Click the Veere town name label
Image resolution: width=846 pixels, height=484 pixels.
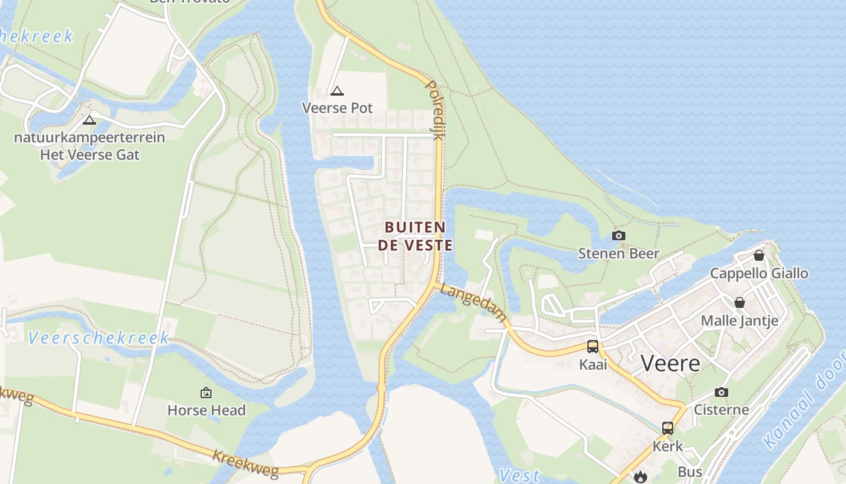pos(670,364)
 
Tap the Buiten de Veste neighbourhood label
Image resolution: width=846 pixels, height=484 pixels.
pos(415,236)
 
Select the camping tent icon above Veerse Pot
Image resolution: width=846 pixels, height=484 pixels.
pos(337,91)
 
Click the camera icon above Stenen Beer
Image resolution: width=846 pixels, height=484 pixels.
pos(618,235)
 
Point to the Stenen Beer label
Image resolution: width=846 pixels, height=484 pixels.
pos(618,253)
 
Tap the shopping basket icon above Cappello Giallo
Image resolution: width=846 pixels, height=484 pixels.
pos(759,255)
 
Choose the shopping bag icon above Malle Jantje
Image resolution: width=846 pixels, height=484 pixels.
pos(739,302)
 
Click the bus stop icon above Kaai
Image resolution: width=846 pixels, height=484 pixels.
pos(593,347)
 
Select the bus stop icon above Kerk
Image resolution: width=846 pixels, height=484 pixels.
pos(668,428)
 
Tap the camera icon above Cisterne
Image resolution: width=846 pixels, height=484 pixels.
pos(721,392)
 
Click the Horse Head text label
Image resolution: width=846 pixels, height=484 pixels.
pos(206,410)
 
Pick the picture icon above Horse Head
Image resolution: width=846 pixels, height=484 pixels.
pos(206,393)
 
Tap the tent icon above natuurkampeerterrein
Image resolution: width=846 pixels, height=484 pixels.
pos(89,120)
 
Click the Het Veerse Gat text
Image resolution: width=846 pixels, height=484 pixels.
pos(89,154)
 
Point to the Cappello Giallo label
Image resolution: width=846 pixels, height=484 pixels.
pos(759,273)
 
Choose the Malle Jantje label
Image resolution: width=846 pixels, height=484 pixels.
pos(739,320)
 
